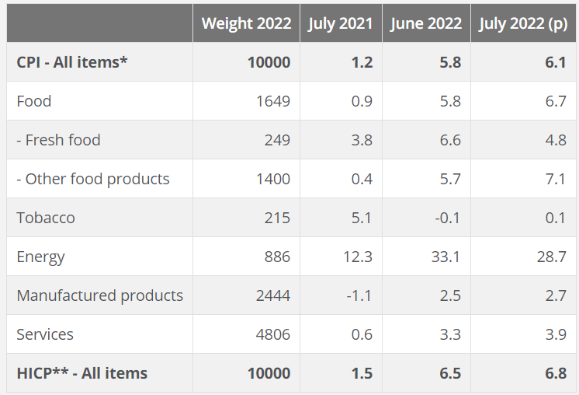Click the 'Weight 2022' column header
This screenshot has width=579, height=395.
(246, 23)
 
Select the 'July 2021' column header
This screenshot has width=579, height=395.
(340, 23)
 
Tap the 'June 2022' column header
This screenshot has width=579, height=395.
(425, 23)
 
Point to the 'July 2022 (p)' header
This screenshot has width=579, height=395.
(523, 23)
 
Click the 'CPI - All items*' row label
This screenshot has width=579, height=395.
(71, 62)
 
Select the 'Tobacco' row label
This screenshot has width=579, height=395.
(46, 218)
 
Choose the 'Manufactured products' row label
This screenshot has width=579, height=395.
(99, 295)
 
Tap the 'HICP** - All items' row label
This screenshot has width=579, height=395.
(81, 373)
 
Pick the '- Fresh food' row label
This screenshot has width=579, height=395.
(58, 140)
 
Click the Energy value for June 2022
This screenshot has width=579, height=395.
(446, 257)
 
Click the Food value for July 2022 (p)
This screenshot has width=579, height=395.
(555, 101)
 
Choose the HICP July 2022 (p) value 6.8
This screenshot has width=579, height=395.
(555, 373)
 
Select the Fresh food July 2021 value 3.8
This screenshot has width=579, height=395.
(362, 140)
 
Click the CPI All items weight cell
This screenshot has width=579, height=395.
(269, 62)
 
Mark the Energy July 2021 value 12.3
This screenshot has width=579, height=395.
(357, 257)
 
